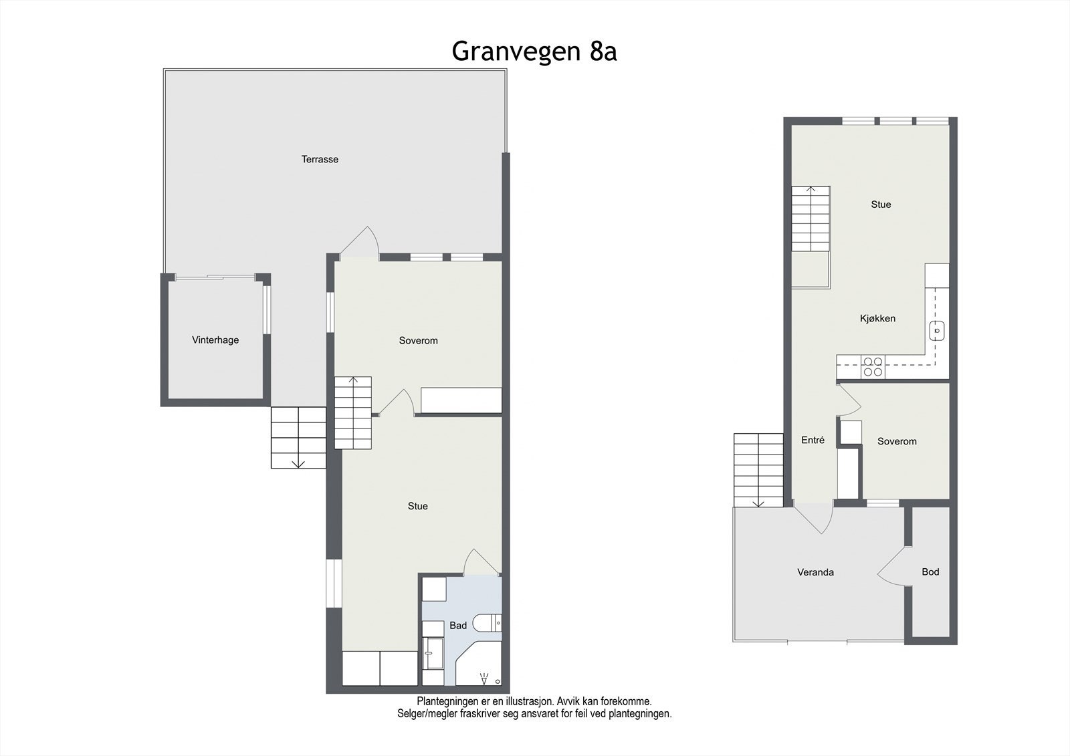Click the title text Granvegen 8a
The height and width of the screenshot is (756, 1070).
534,51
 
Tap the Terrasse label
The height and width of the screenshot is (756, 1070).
320,159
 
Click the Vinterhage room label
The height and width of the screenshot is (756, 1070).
215,340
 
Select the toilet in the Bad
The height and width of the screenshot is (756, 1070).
487,623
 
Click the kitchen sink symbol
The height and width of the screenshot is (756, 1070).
938,330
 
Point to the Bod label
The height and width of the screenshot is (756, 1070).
930,572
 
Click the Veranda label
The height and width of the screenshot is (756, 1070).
815,572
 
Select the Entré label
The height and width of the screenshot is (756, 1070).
813,440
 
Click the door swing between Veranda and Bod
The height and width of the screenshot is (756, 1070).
893,566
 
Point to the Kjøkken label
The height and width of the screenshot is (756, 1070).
877,318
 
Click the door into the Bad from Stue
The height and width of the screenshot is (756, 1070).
479,563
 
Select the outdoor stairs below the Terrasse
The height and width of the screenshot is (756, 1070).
298,438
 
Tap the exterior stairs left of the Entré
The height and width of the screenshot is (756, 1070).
758,470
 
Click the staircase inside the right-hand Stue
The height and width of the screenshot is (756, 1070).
811,219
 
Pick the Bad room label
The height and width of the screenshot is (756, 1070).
458,625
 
